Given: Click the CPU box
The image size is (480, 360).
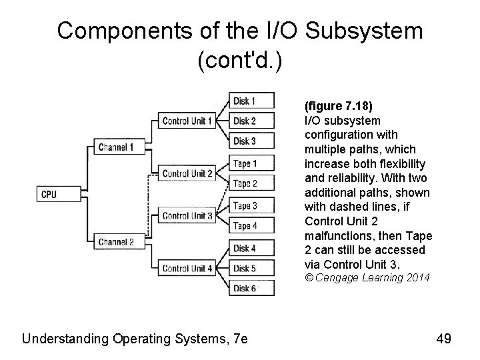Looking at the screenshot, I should [x=49, y=195].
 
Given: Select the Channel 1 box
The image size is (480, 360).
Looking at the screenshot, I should [x=115, y=147].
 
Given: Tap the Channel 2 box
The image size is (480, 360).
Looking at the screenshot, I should [x=115, y=242].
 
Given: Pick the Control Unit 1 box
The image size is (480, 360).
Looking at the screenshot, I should [x=187, y=121].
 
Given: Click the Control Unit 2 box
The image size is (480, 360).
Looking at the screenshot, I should [x=187, y=173].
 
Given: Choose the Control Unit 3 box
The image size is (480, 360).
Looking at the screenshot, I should [x=187, y=215].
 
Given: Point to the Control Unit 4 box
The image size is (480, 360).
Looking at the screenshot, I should [x=187, y=268].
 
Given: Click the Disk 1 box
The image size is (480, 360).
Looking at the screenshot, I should [x=245, y=101].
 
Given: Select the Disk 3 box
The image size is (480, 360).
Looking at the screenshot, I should [x=245, y=141].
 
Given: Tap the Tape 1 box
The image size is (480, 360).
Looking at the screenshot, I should [x=245, y=163].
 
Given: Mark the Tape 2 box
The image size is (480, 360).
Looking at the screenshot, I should [x=245, y=183].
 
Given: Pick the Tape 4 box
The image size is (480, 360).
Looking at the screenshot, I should [x=245, y=226].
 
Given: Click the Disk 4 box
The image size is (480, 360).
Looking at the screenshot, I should [x=245, y=248].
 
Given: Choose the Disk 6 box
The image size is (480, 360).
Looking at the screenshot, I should [x=245, y=288].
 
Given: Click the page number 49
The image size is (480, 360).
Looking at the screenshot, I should [x=443, y=339].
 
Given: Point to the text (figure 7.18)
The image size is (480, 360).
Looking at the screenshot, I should [x=337, y=107].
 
